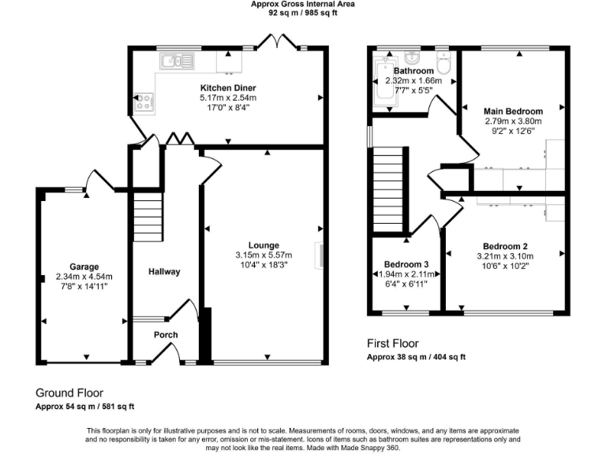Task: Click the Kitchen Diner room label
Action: point(227,87)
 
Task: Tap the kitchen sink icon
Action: point(176,60)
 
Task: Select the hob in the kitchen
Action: point(145,100)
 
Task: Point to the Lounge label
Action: point(263,245)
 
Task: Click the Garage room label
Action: point(84,266)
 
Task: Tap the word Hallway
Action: point(165,272)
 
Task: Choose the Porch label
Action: point(166,335)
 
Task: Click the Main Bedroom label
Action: point(514,111)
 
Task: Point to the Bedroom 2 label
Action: point(505,245)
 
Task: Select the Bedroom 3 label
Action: point(406,264)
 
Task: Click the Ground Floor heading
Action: point(69,393)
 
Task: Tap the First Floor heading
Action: point(393,344)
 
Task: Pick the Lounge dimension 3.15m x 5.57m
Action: point(263,255)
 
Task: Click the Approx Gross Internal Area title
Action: point(302,4)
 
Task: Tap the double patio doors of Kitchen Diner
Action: point(275,41)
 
